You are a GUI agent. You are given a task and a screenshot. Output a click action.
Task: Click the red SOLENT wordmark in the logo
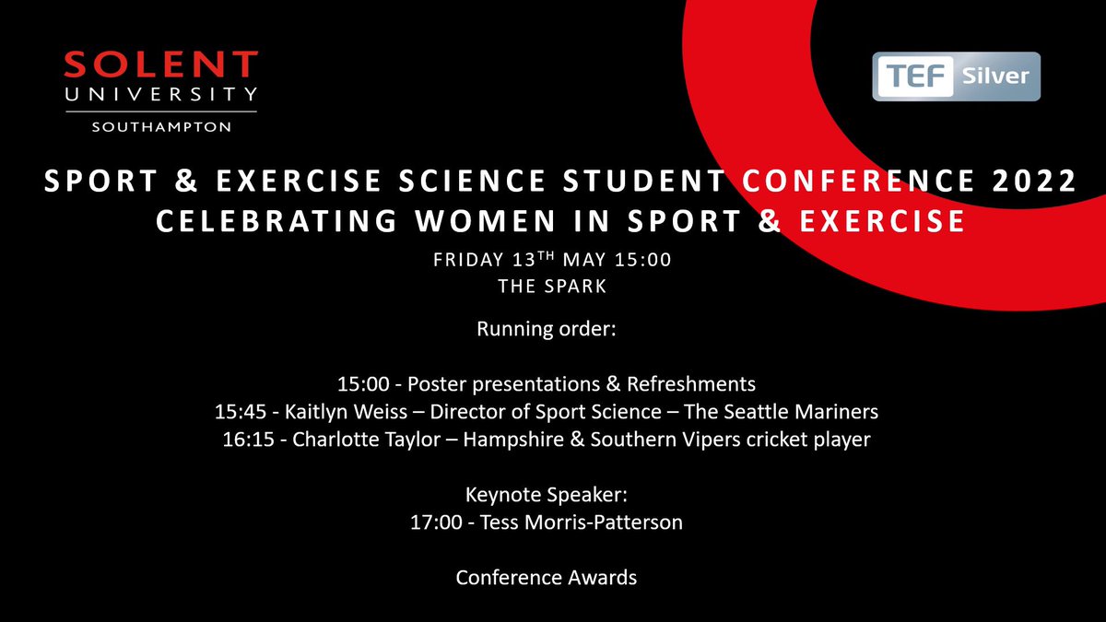click(161, 65)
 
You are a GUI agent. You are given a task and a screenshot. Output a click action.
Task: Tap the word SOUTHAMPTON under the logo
click(161, 126)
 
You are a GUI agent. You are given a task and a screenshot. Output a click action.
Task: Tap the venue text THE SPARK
click(552, 287)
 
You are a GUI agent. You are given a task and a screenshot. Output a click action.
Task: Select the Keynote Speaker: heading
click(547, 494)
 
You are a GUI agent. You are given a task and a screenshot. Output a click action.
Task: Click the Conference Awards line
click(547, 578)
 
